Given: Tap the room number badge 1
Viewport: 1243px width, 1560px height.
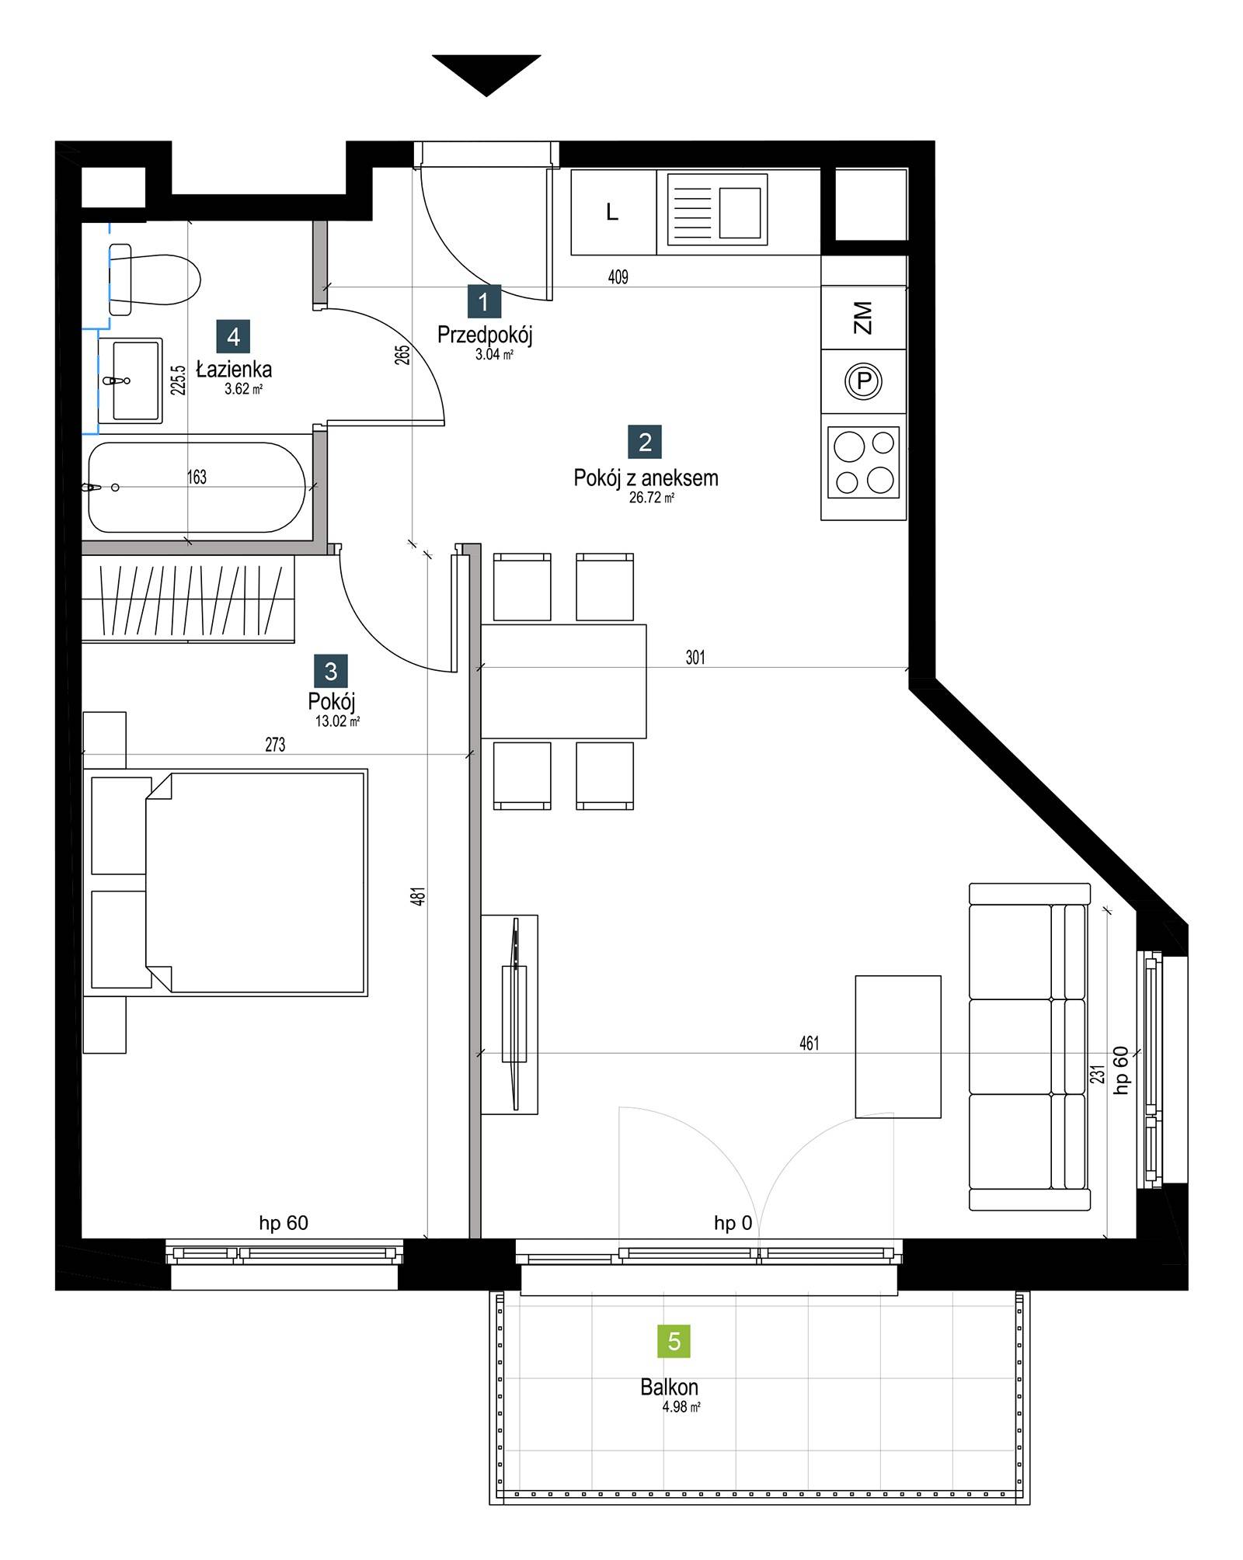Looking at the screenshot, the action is coord(484,302).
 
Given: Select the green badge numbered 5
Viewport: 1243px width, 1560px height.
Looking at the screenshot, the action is coord(674,1341).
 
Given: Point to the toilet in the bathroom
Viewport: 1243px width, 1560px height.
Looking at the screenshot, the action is coord(155,280).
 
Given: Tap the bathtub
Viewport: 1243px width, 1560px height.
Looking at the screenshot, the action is coord(197,488).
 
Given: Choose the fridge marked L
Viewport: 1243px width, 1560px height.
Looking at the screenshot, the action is coord(613,212).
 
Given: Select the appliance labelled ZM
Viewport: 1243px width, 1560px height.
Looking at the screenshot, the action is coord(864,318).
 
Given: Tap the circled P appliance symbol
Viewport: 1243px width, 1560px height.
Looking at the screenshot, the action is coord(864,381).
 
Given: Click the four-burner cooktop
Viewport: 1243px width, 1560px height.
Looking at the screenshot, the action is coord(864,462).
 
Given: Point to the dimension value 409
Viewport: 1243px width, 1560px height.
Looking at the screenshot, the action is coord(618,276).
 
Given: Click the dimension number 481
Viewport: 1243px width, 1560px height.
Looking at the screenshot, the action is coord(419,896).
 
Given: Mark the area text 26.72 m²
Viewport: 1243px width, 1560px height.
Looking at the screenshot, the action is coord(652,498).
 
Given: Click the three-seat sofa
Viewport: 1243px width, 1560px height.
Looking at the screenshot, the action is coord(1030,1046).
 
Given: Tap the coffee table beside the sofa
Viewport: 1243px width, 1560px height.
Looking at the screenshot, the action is coord(898,1047).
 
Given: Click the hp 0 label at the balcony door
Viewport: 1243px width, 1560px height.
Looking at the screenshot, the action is coord(733,1223).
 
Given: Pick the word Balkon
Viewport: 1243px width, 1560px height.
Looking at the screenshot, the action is coord(669,1387).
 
